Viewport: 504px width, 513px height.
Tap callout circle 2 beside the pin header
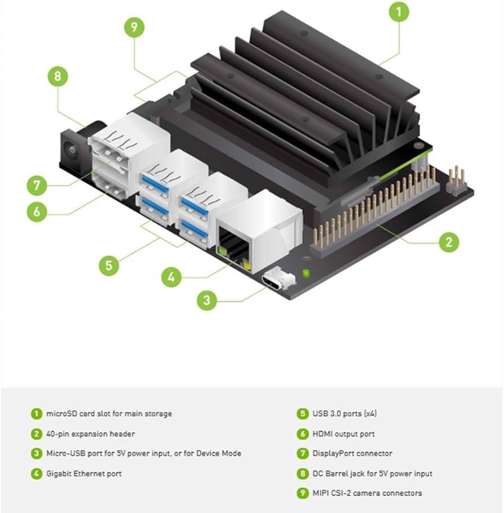click(x=449, y=242)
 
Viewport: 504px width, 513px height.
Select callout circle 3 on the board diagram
click(x=207, y=300)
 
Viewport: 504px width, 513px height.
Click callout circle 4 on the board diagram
click(x=171, y=277)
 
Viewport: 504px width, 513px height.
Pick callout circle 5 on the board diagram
click(x=109, y=266)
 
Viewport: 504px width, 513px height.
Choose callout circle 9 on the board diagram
click(x=134, y=28)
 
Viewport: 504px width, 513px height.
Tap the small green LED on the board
click(x=306, y=274)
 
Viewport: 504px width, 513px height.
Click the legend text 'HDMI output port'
click(x=343, y=434)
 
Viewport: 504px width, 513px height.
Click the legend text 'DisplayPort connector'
click(x=352, y=453)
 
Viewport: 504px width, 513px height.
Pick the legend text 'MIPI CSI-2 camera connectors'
click(x=367, y=493)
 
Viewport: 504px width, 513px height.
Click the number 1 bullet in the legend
click(x=36, y=414)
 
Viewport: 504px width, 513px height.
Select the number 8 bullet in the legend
click(x=303, y=474)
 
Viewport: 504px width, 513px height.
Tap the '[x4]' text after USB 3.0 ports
click(x=369, y=414)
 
